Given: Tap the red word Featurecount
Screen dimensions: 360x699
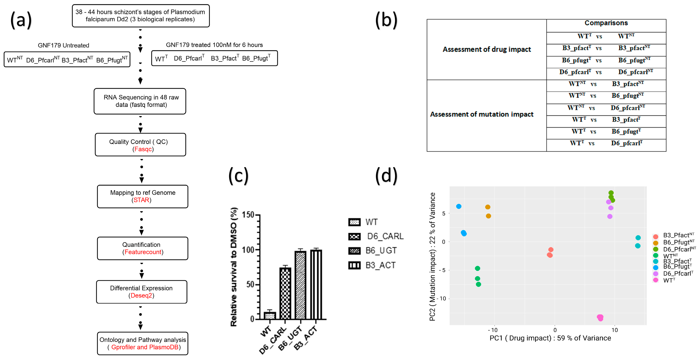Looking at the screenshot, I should [143, 252].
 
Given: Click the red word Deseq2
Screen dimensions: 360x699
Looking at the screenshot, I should [141, 295].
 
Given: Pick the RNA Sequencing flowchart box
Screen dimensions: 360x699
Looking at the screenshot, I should [140, 101].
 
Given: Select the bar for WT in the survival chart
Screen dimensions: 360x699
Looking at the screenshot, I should [270, 316].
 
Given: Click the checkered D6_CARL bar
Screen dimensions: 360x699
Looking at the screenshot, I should [285, 293].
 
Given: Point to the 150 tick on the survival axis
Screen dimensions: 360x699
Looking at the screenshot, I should [248, 215].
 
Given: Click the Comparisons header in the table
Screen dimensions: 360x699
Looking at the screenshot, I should [606, 23].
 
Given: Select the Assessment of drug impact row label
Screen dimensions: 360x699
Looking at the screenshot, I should [487, 49].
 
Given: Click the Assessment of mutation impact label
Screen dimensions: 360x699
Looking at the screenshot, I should [482, 114].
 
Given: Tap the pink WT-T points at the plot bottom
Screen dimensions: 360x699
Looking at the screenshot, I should [600, 317].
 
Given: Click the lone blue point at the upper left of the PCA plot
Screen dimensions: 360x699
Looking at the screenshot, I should [459, 206].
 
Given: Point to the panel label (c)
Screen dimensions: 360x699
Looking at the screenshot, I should [238, 176].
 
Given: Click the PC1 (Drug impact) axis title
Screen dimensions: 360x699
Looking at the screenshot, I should [550, 338].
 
